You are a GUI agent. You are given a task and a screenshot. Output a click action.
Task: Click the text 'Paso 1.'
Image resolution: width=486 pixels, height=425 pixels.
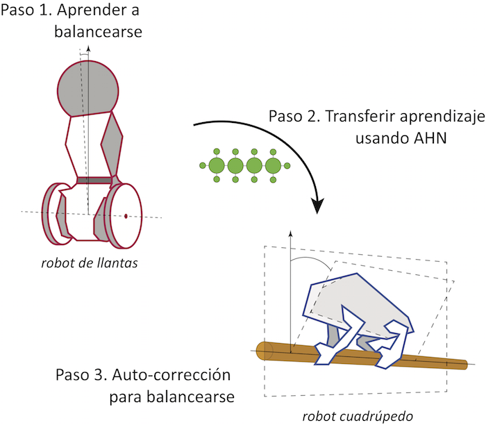[x=25, y=12]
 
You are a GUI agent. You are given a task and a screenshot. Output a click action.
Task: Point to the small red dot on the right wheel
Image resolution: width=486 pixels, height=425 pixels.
[x=126, y=217]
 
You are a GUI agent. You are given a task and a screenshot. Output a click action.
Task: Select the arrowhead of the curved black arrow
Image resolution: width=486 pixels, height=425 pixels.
[x=319, y=206]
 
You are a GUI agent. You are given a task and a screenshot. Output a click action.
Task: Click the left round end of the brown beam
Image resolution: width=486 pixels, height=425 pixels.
[x=262, y=351]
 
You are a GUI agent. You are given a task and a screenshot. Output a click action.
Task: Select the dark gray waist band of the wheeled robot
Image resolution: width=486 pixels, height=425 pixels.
[x=93, y=181]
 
